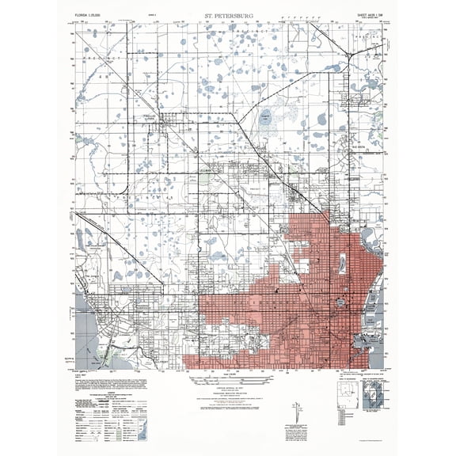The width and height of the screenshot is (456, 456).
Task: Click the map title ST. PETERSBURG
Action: [228, 12]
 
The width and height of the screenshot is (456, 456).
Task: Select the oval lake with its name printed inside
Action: [266, 117]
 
